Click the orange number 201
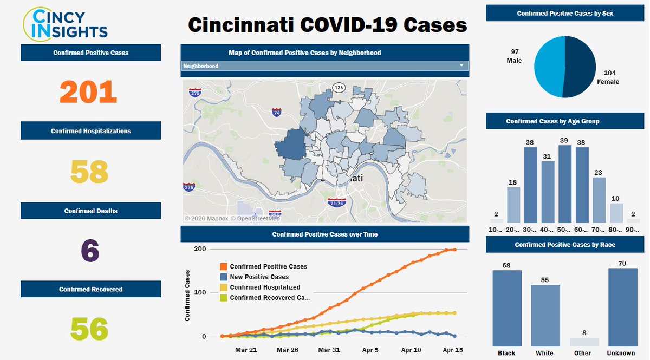click(88, 91)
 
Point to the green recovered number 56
click(89, 329)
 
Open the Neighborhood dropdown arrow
click(461, 66)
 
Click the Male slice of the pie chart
click(549, 66)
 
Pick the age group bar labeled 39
click(565, 184)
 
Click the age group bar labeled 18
click(514, 205)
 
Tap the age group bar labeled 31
click(548, 192)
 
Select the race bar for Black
click(507, 308)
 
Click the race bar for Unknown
click(622, 307)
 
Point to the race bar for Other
click(584, 342)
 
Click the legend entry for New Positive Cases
click(259, 277)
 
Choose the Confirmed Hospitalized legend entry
click(264, 287)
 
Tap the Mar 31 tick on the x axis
click(329, 350)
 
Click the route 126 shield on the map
click(339, 87)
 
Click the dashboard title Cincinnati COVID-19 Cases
click(327, 24)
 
